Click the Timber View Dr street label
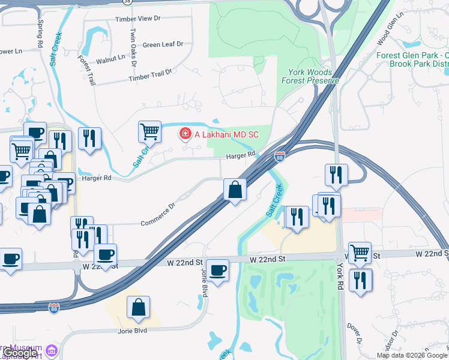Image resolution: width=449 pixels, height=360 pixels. (x=138, y=19)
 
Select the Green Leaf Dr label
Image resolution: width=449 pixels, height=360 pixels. (x=163, y=44)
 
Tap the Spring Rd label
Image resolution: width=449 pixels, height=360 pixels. (x=40, y=33)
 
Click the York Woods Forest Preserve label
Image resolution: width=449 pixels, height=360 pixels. (x=310, y=76)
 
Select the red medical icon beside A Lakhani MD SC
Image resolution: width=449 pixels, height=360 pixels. (x=185, y=134)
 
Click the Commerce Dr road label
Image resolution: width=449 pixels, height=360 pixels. (x=157, y=215)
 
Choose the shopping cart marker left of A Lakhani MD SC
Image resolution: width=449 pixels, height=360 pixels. (x=149, y=131)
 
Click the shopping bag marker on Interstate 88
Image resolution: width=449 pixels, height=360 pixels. (x=235, y=190)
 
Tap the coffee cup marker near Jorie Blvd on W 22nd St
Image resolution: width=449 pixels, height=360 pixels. (x=217, y=271)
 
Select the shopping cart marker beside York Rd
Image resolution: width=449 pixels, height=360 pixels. (x=360, y=253)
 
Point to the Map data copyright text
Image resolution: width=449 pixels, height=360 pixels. (x=411, y=355)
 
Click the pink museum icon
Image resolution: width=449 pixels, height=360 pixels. (x=52, y=349)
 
